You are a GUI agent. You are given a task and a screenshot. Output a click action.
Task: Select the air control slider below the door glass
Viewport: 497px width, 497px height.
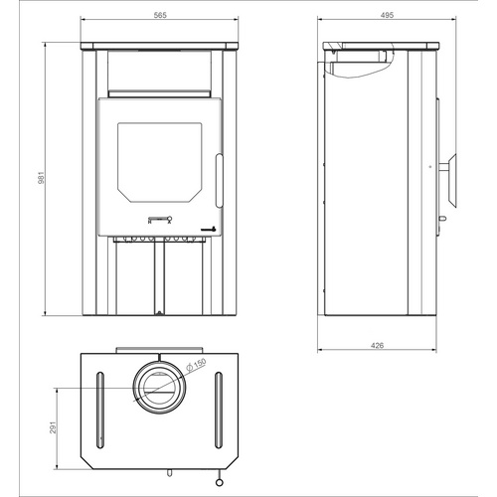[x=158, y=218]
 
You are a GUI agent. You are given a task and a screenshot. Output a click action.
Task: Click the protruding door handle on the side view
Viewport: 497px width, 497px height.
[x=449, y=165]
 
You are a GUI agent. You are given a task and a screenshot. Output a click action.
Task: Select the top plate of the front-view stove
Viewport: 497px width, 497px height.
[x=159, y=45]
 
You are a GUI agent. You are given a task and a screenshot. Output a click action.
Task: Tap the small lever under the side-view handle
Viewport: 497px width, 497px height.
[x=442, y=211]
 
